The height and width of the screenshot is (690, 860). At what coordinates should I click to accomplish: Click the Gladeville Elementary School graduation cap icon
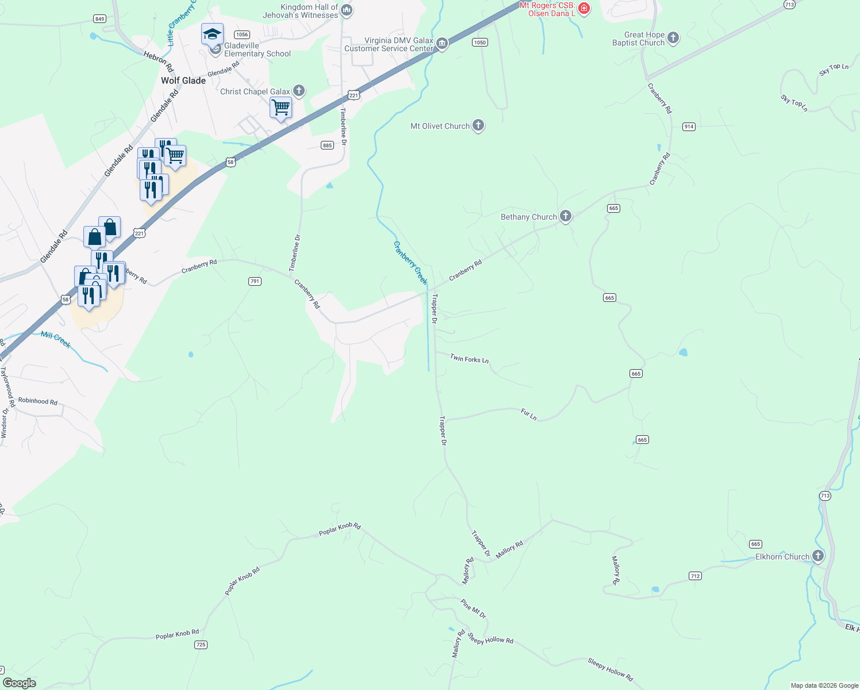click(x=212, y=34)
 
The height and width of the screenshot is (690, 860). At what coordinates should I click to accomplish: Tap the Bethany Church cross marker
click(x=566, y=216)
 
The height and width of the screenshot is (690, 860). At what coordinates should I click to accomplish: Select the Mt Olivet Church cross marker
click(x=478, y=126)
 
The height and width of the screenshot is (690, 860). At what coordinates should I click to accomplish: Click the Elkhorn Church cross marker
click(x=817, y=556)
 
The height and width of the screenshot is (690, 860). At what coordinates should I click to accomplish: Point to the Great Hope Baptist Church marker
click(x=673, y=39)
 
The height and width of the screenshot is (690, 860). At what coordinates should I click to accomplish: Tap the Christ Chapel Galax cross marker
click(x=298, y=91)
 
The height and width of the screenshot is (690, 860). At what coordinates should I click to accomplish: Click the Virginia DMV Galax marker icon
click(x=442, y=44)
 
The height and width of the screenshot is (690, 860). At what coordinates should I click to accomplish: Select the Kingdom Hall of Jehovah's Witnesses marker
click(x=347, y=10)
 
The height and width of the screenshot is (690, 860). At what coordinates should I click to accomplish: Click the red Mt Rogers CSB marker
click(x=584, y=8)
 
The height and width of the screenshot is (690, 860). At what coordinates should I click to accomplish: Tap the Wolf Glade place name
click(x=183, y=80)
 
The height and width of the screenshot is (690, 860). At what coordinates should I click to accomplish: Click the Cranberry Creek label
click(x=410, y=262)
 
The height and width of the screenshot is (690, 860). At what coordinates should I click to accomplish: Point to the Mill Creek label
click(x=56, y=340)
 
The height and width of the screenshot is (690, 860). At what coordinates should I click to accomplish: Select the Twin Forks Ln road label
click(x=469, y=359)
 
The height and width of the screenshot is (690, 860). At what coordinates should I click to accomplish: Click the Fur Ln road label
click(x=529, y=414)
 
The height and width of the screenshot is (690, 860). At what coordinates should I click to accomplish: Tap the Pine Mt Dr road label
click(x=473, y=608)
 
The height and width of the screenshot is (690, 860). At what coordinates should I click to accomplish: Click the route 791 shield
click(x=255, y=281)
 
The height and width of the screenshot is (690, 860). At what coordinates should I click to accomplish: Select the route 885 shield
click(x=327, y=145)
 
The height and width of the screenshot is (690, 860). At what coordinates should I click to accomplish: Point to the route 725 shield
click(x=201, y=645)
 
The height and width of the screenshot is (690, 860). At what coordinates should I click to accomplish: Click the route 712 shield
click(x=695, y=576)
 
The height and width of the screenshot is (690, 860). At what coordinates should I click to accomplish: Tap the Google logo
click(x=20, y=683)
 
